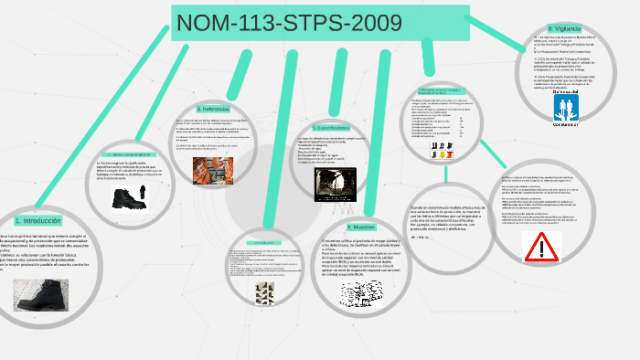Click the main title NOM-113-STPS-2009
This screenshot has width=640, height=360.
pos(319,23)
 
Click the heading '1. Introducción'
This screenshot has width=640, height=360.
pos(37,221)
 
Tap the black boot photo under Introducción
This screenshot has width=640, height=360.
pos(40,294)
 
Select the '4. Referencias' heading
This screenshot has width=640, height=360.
pos(211,109)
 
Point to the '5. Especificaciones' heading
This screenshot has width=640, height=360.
pos(330,128)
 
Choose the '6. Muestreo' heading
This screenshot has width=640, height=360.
pos(361,226)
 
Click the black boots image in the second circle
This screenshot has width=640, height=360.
pos(131,195)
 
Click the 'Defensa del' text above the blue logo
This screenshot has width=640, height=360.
pos(565,92)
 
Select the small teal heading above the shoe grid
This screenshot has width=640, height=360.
pos(262,243)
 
